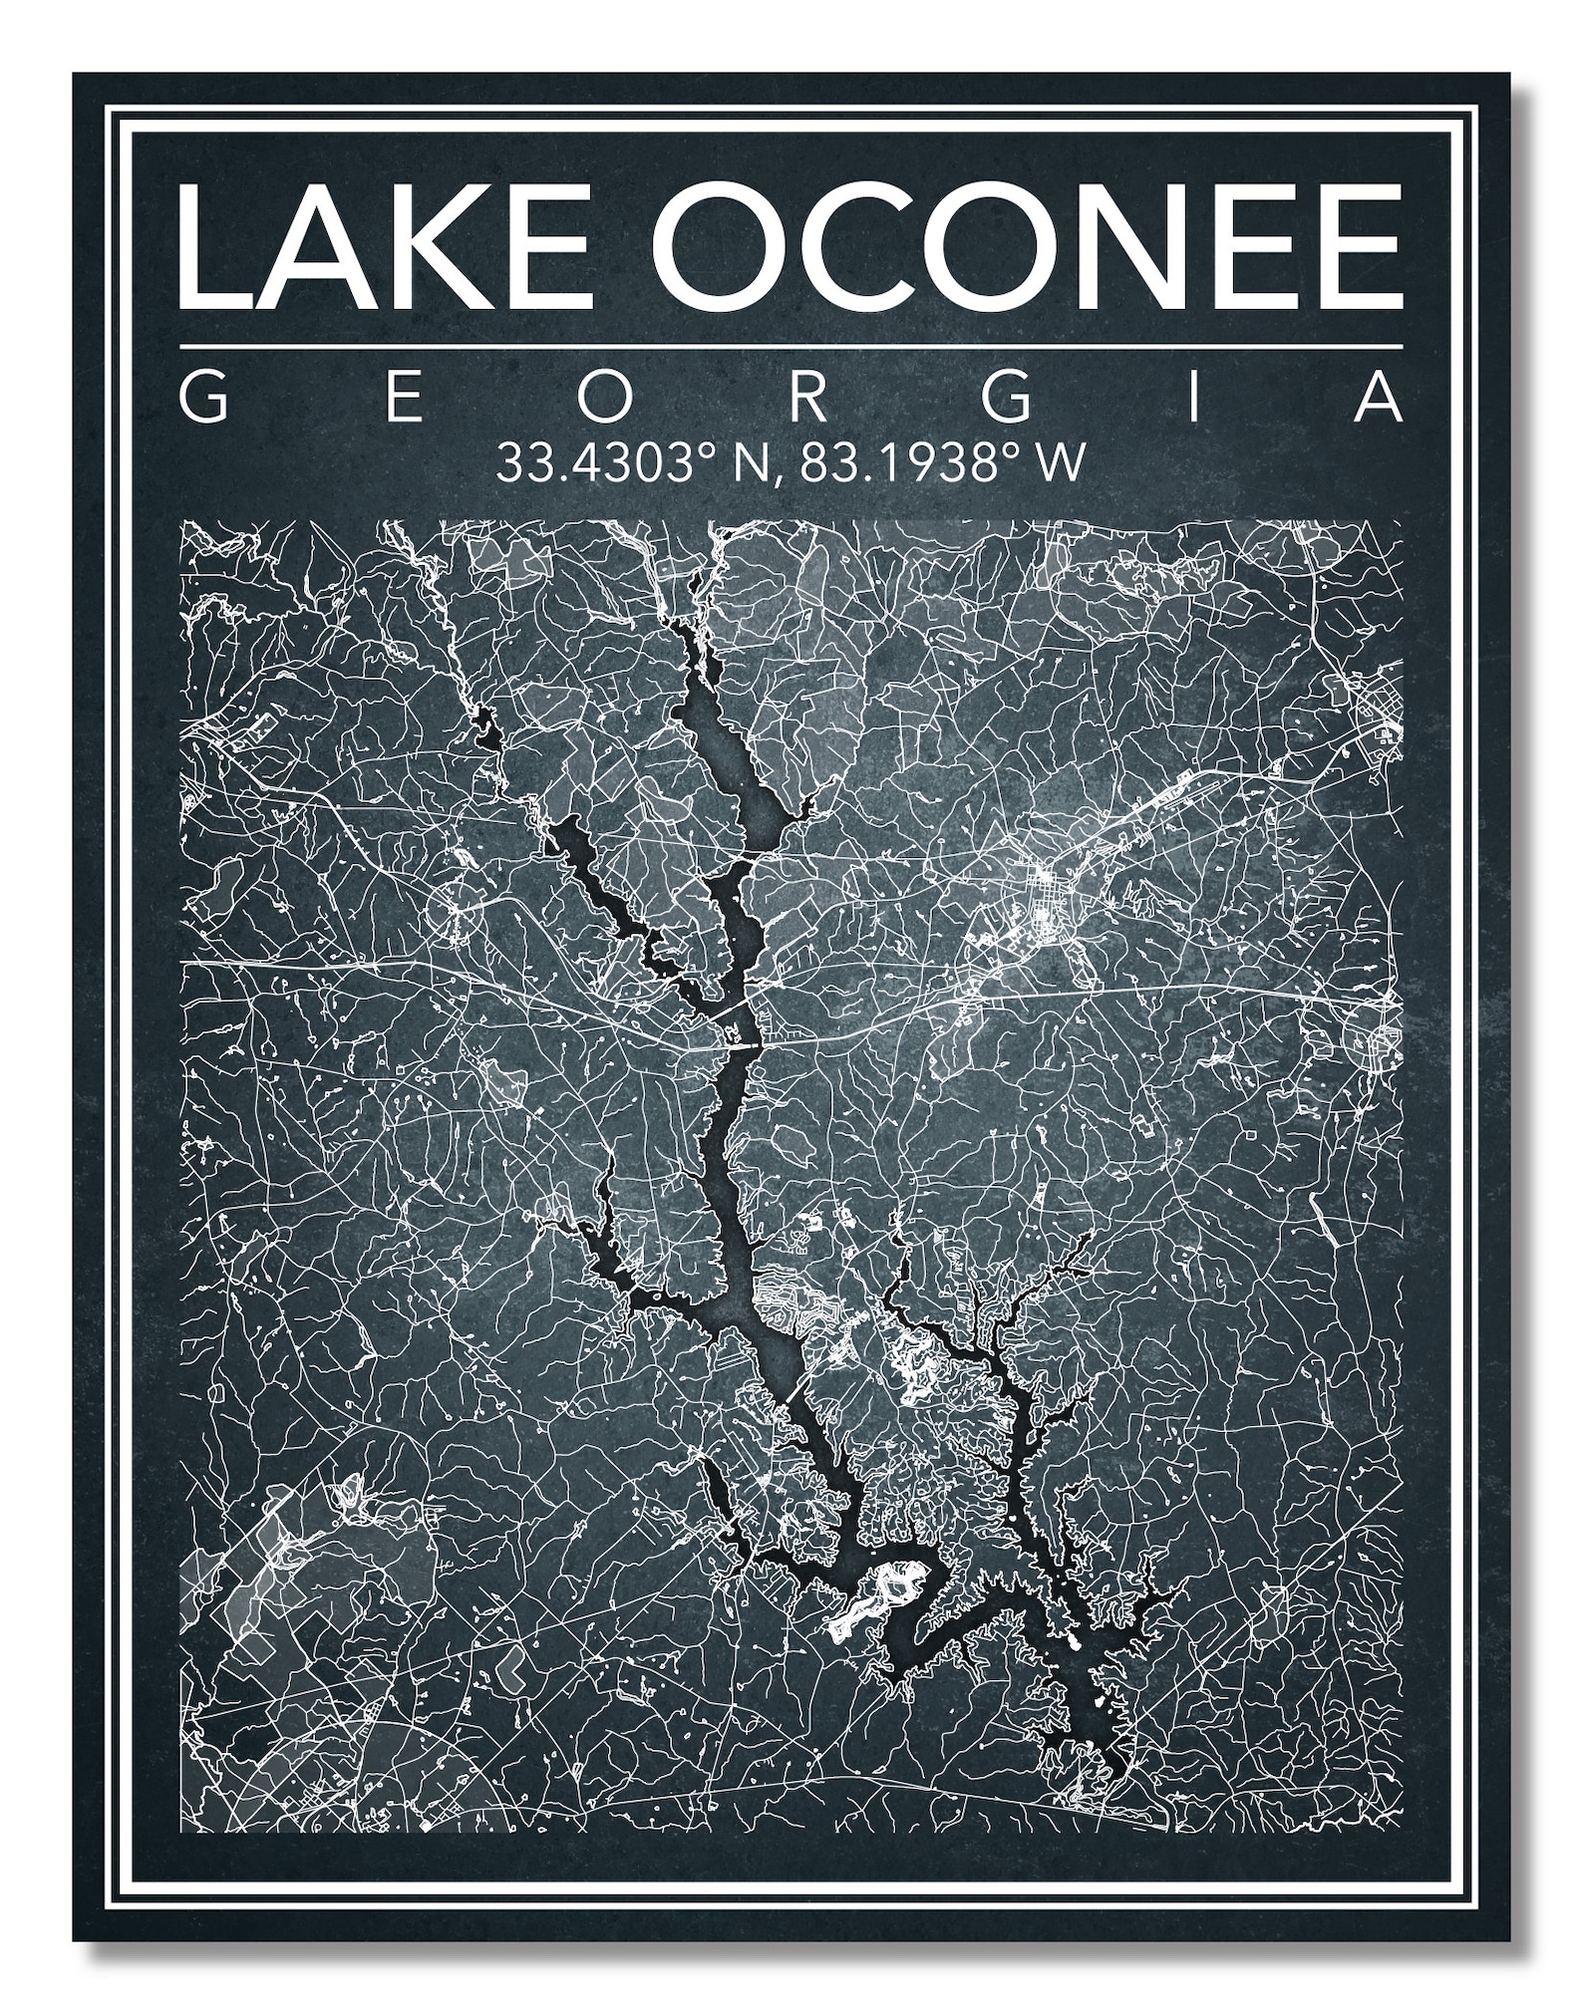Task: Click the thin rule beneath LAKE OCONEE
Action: point(791,346)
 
